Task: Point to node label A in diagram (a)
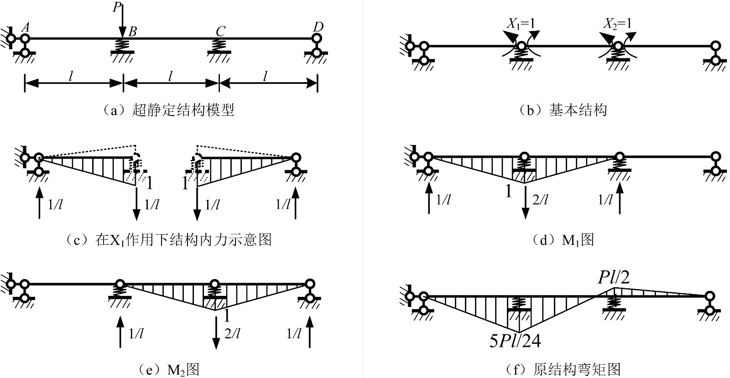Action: [x=26, y=28]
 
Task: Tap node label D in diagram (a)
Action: [x=318, y=27]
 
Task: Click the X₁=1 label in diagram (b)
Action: [x=521, y=24]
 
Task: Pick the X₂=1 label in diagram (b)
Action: [x=618, y=24]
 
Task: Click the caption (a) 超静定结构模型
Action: [x=169, y=110]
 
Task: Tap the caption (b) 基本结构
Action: [x=564, y=110]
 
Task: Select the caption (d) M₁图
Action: [x=564, y=239]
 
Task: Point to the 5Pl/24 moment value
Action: [x=515, y=341]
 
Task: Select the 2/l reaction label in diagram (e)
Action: [x=232, y=334]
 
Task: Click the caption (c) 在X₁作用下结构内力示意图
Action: [x=169, y=239]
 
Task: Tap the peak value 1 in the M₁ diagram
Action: [x=509, y=192]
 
